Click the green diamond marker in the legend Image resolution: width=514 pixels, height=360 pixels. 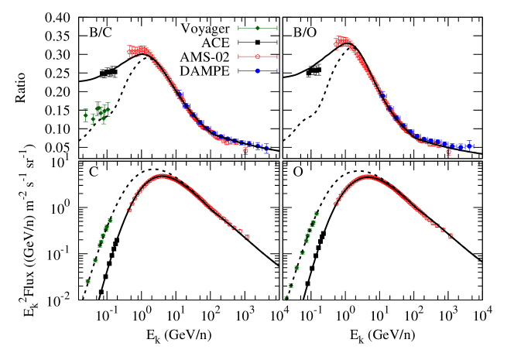[x=258, y=28]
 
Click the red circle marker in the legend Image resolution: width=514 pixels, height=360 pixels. [x=258, y=57]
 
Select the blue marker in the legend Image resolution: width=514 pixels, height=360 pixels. [x=258, y=71]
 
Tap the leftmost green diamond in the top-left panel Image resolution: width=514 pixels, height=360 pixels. [x=86, y=115]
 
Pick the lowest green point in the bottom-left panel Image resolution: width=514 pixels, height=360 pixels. [x=87, y=281]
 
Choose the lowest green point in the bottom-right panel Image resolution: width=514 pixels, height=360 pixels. [x=286, y=297]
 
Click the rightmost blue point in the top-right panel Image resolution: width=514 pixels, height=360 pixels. [x=469, y=146]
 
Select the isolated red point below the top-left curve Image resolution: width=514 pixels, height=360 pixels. [x=245, y=152]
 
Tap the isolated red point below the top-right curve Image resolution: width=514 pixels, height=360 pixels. [x=448, y=153]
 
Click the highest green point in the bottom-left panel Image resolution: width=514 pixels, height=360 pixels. [x=110, y=221]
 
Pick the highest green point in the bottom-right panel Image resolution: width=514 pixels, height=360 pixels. [x=316, y=214]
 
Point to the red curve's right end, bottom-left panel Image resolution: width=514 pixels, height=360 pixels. [x=247, y=237]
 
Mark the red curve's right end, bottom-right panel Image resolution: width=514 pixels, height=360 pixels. [x=450, y=236]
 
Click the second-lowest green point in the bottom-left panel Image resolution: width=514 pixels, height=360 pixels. [x=95, y=260]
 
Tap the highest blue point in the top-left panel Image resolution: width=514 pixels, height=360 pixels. [x=180, y=93]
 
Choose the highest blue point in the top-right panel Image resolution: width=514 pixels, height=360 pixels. [x=382, y=94]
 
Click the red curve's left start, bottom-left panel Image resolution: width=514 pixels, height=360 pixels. [x=129, y=210]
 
